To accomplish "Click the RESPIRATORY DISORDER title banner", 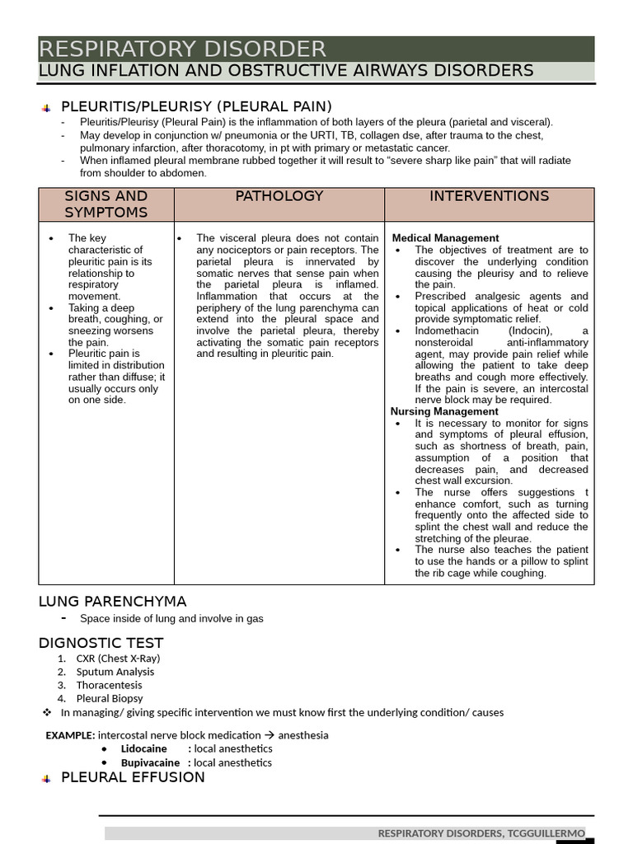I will tap(183, 49).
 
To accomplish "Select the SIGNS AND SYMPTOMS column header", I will tap(105, 204).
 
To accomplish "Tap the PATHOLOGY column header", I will tap(279, 196).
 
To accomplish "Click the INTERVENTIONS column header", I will tap(489, 196).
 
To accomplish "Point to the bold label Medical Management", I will tap(445, 238).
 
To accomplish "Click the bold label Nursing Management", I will tap(444, 411).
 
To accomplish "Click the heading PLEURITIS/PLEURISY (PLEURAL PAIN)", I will tap(196, 106).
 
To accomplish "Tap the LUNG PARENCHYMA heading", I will tap(113, 601).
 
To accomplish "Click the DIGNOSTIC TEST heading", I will tap(101, 643).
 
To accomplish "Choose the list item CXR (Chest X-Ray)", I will tap(118, 659).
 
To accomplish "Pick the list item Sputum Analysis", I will tap(115, 672).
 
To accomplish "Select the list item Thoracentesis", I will tap(109, 685).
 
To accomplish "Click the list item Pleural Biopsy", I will tap(110, 698).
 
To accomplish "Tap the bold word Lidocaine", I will tap(143, 749).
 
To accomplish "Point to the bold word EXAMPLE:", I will tap(70, 735).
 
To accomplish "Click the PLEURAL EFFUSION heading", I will tap(133, 777).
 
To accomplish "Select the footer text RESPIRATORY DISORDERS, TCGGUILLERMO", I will tap(481, 833).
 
